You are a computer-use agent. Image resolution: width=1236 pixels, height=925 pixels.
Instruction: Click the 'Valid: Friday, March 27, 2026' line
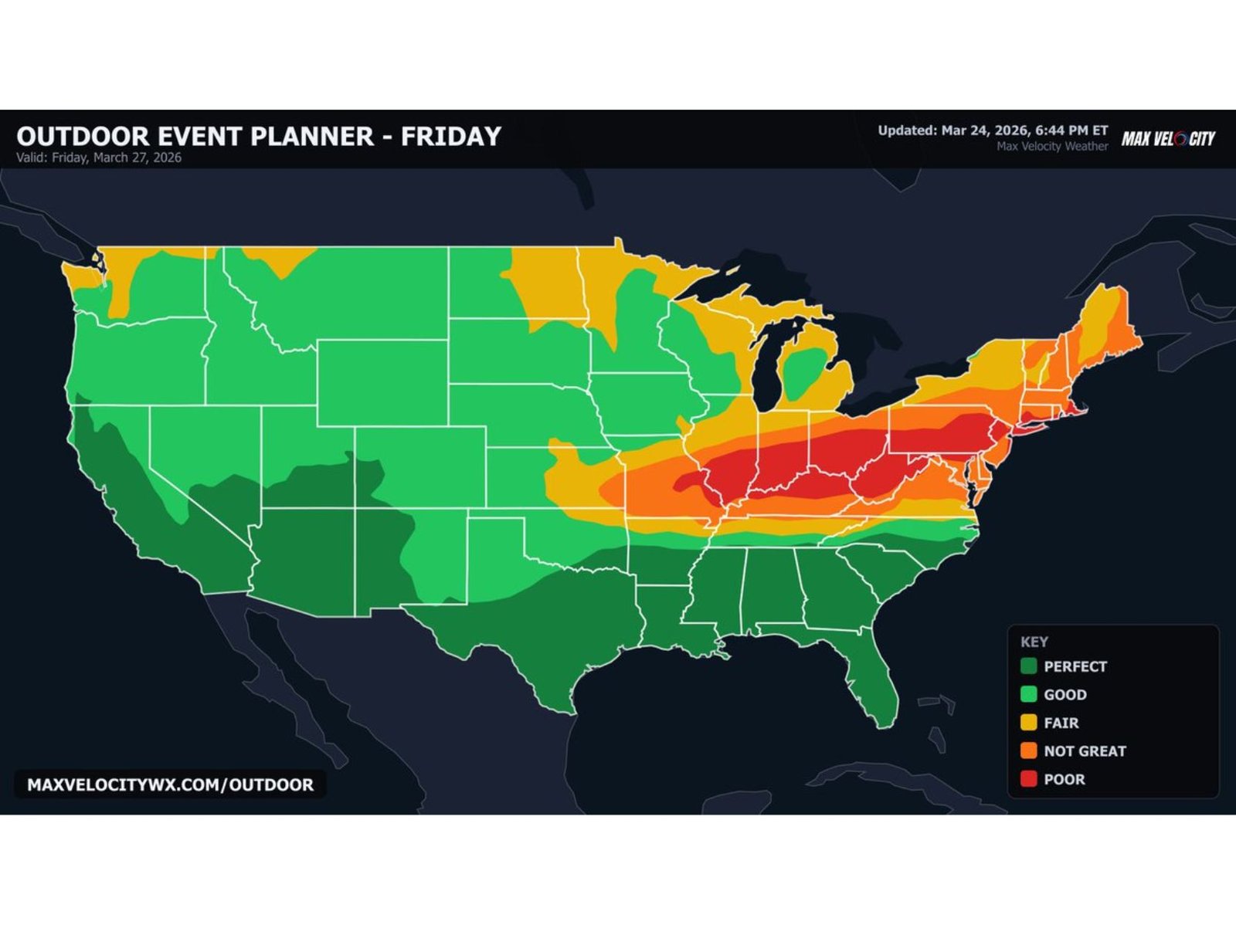[99, 158]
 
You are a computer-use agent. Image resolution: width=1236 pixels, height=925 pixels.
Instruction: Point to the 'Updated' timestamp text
[993, 130]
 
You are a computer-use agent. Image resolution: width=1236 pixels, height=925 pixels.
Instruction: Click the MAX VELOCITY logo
[1168, 139]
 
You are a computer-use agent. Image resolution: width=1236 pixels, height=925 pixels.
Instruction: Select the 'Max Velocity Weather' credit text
[1052, 146]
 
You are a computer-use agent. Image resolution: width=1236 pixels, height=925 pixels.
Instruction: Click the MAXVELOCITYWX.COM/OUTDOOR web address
[170, 784]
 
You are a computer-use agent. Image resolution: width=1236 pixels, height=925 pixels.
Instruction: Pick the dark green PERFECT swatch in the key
[1028, 666]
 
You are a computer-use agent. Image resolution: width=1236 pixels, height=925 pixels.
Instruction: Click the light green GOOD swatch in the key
[1028, 694]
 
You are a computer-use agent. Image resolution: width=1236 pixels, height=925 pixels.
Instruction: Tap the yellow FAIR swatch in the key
[1028, 723]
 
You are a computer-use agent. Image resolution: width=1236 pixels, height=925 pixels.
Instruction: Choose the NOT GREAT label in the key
[1085, 751]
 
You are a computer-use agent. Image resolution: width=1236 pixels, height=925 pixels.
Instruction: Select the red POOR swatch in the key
[1028, 779]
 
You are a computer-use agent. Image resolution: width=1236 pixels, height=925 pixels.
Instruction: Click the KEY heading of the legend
[1034, 642]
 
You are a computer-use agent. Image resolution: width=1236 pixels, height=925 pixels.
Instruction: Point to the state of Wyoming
[382, 382]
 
